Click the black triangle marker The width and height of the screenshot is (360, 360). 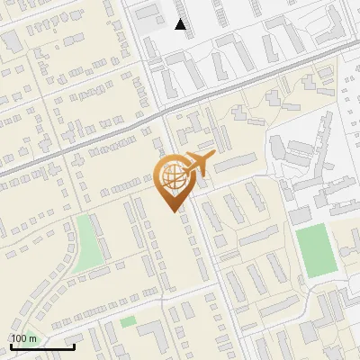tap(181, 25)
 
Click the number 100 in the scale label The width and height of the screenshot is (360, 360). tap(21, 338)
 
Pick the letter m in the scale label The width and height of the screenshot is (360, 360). tap(33, 338)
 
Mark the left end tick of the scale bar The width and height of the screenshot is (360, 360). tap(11, 346)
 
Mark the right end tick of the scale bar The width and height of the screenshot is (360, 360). tap(74, 346)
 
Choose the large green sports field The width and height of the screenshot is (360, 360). tap(314, 251)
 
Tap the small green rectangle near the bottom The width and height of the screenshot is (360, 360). tap(129, 320)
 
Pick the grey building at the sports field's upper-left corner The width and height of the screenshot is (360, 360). tap(299, 217)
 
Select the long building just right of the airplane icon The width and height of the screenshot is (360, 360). tap(236, 163)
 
